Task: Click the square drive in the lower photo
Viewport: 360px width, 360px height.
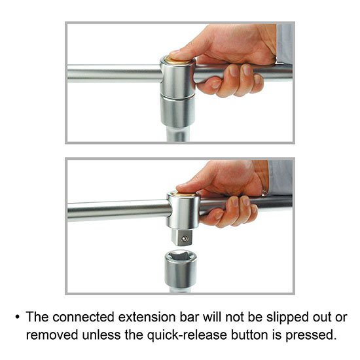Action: (x=181, y=238)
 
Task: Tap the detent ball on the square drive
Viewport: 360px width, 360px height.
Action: (x=185, y=239)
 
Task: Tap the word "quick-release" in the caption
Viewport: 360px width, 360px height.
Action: (x=187, y=335)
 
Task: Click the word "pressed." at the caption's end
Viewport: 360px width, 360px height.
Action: (x=311, y=335)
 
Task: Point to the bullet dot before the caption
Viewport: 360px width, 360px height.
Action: (x=18, y=317)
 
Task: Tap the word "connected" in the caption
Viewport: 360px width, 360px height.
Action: (x=83, y=317)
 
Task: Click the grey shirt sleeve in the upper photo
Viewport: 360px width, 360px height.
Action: (x=284, y=44)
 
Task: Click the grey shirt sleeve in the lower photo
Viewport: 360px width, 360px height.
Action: (x=280, y=178)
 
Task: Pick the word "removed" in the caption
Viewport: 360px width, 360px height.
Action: (x=52, y=334)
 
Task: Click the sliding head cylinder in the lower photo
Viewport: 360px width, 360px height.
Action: (x=183, y=210)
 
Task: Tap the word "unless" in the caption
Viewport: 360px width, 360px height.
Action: (x=101, y=334)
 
